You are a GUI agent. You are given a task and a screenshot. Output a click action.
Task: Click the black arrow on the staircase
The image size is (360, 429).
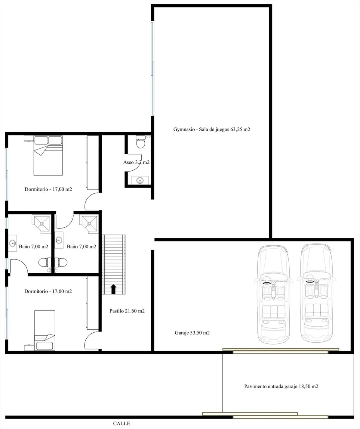coord(113,289)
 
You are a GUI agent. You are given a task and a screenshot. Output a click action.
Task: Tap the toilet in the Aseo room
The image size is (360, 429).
coord(140,141)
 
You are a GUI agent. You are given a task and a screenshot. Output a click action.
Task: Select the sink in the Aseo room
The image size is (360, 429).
coord(140,180)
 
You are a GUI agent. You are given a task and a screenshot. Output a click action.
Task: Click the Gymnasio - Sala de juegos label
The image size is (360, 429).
coord(212,129)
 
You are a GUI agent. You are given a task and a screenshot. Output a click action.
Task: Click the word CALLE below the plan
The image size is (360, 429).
coord(122,424)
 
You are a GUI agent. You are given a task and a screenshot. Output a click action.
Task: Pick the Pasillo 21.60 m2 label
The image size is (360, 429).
coord(127,311)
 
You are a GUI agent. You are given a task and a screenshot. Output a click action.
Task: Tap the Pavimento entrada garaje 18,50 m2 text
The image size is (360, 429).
coord(281,387)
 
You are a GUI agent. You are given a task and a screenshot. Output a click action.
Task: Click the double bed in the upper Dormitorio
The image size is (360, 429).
coord(48,156)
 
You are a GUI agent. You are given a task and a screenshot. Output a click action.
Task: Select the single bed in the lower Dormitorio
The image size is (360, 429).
coord(45,331)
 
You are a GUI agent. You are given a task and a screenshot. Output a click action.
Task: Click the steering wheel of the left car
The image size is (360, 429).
coord(267,283)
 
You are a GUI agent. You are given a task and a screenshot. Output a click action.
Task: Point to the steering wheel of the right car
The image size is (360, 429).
coord(310,282)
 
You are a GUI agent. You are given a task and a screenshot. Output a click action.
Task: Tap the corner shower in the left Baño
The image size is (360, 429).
coord(42,224)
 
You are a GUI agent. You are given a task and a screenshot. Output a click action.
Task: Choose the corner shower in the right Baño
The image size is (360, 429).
coord(90,224)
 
